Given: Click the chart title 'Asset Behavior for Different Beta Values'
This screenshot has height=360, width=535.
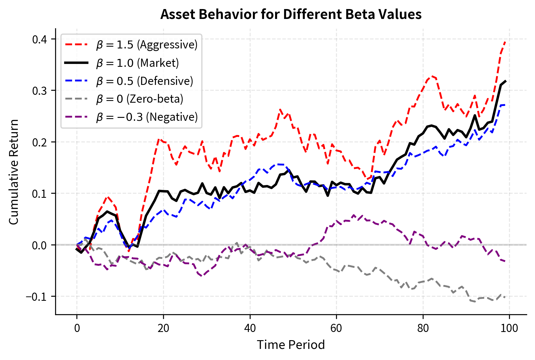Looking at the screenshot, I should pyautogui.click(x=291, y=14).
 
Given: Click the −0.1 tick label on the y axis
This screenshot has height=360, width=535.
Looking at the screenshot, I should pyautogui.click(x=36, y=297).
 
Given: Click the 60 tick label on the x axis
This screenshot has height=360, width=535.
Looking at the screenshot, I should pyautogui.click(x=336, y=328).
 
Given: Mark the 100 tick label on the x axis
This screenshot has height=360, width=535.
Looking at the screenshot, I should pyautogui.click(x=509, y=328).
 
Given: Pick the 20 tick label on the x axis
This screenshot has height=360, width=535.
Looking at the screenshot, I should pyautogui.click(x=163, y=328).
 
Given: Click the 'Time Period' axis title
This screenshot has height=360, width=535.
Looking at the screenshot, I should pyautogui.click(x=291, y=345).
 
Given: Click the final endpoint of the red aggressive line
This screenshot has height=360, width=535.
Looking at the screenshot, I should pyautogui.click(x=505, y=42).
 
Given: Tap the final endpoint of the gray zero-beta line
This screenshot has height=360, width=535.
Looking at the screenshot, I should pyautogui.click(x=505, y=297).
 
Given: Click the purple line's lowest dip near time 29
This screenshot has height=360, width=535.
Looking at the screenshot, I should pyautogui.click(x=202, y=276).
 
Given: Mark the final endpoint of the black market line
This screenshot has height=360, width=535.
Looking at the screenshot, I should pyautogui.click(x=505, y=81).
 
